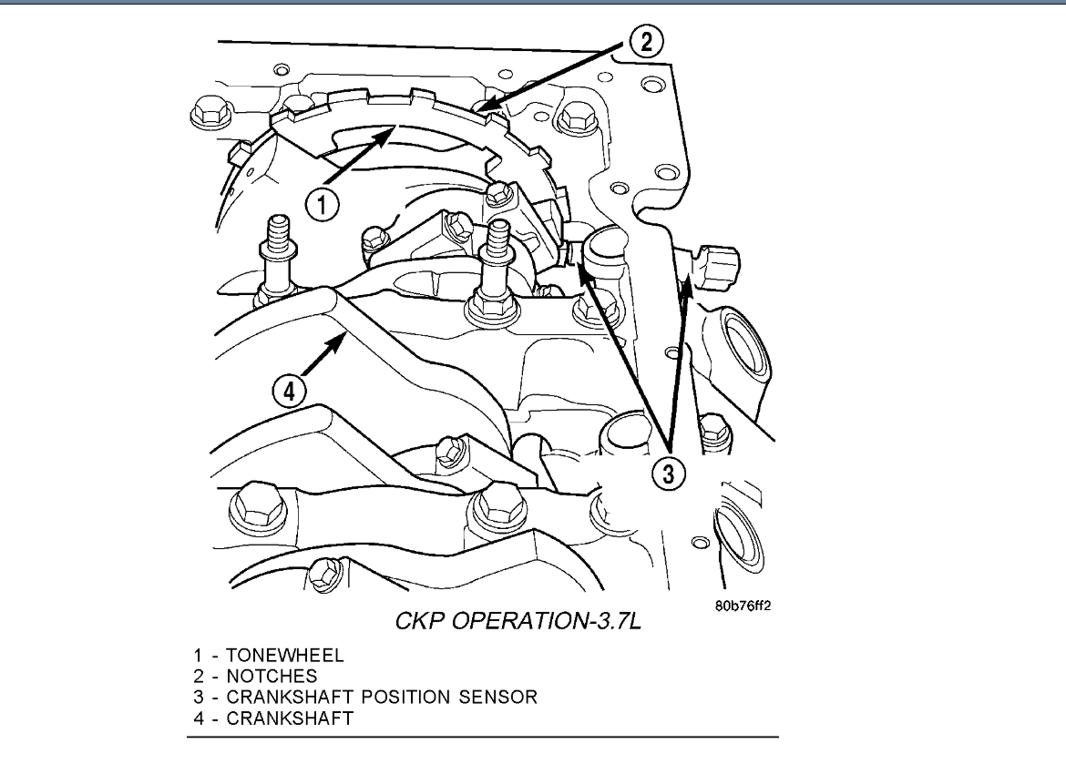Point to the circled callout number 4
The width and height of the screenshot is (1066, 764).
[x=288, y=392]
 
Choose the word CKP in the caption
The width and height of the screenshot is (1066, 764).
[x=423, y=623]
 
